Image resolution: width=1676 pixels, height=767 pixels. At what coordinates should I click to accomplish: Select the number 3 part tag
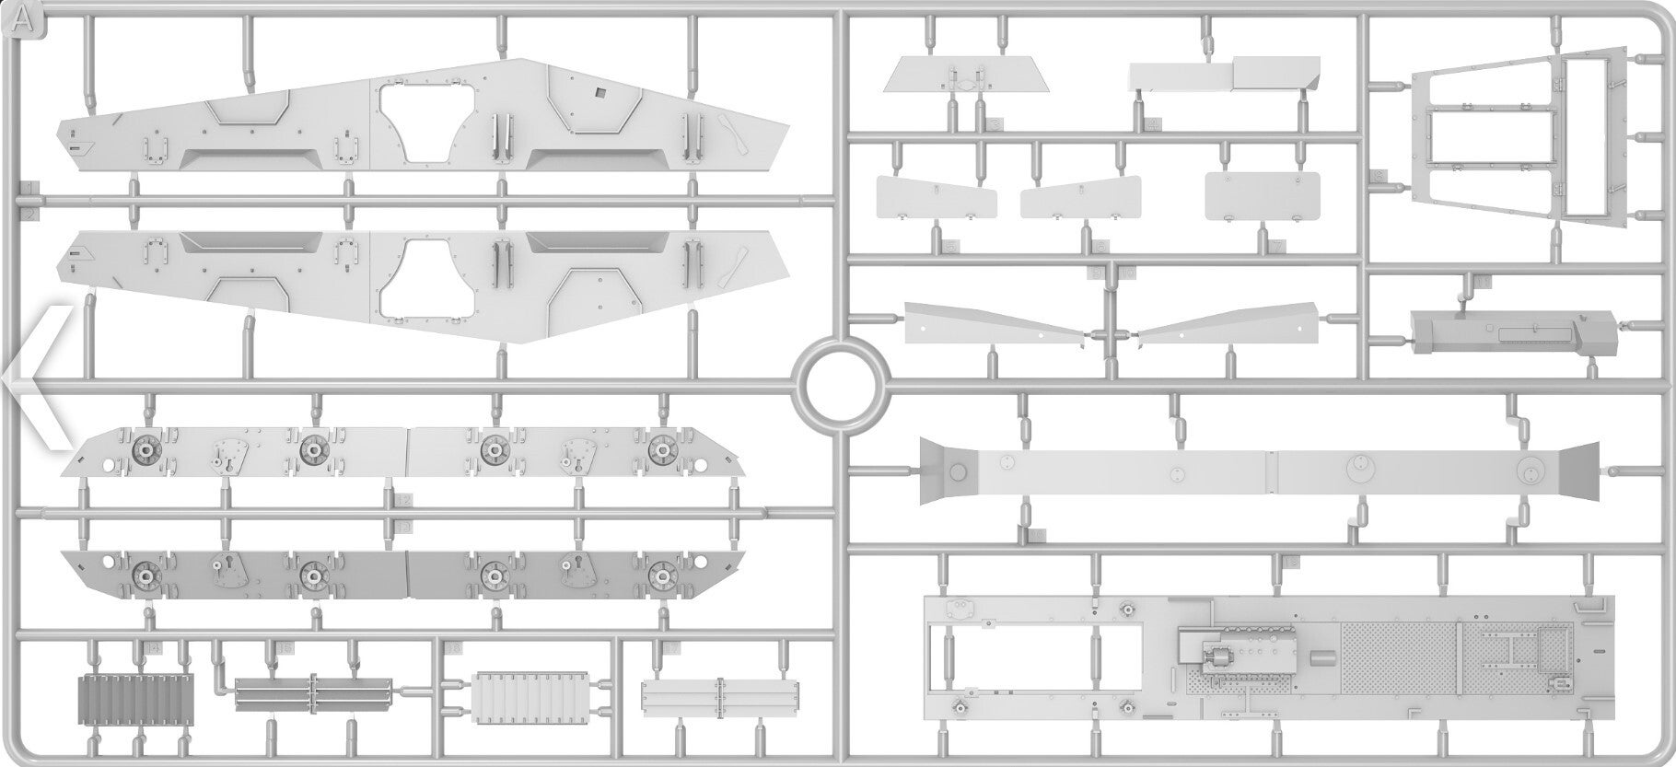(995, 123)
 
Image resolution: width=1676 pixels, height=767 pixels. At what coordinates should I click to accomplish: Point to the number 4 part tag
(1154, 124)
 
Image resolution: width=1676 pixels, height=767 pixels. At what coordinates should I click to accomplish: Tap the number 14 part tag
(152, 649)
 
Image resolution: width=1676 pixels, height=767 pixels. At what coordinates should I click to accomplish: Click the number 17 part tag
(671, 649)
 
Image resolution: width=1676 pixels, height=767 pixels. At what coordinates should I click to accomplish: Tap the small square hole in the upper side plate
(599, 92)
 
